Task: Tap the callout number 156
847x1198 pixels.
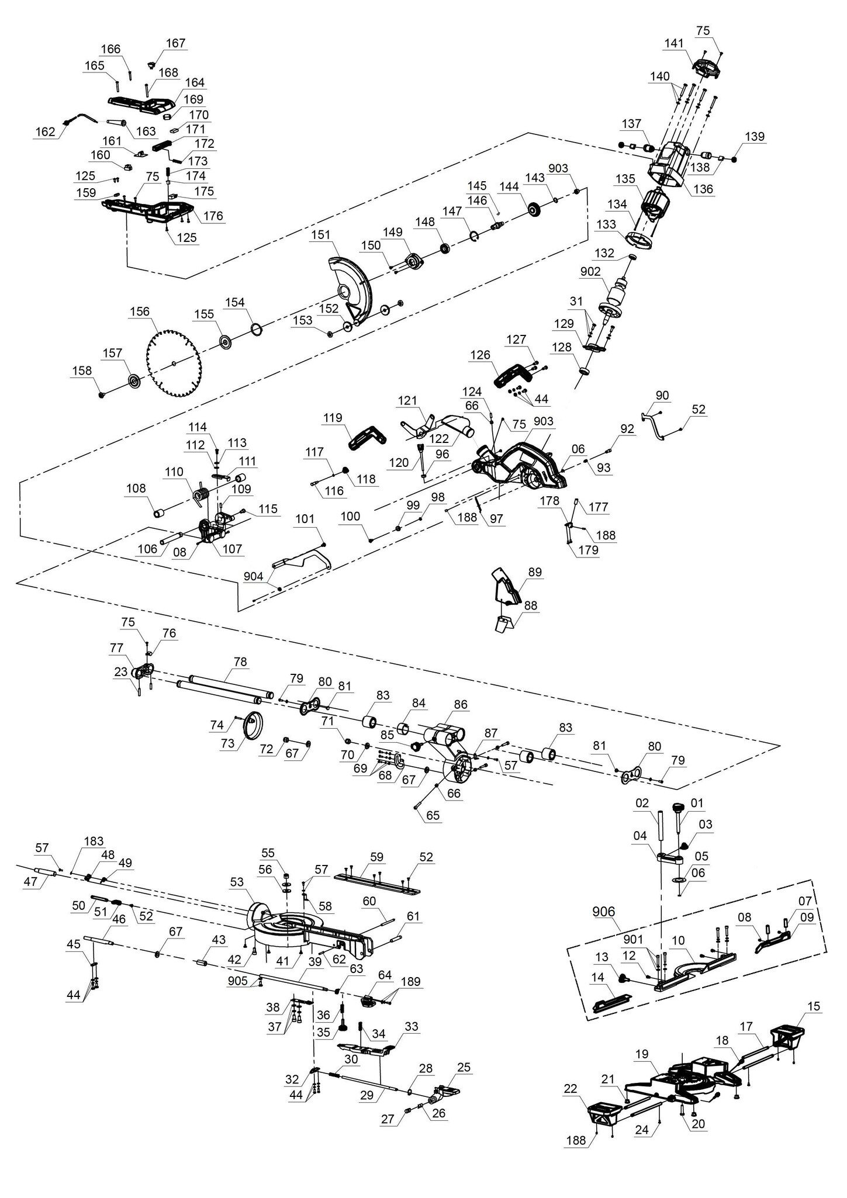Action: [140, 312]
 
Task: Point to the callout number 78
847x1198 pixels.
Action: [240, 662]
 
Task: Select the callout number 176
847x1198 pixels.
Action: [213, 216]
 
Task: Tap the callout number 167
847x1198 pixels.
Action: [175, 43]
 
